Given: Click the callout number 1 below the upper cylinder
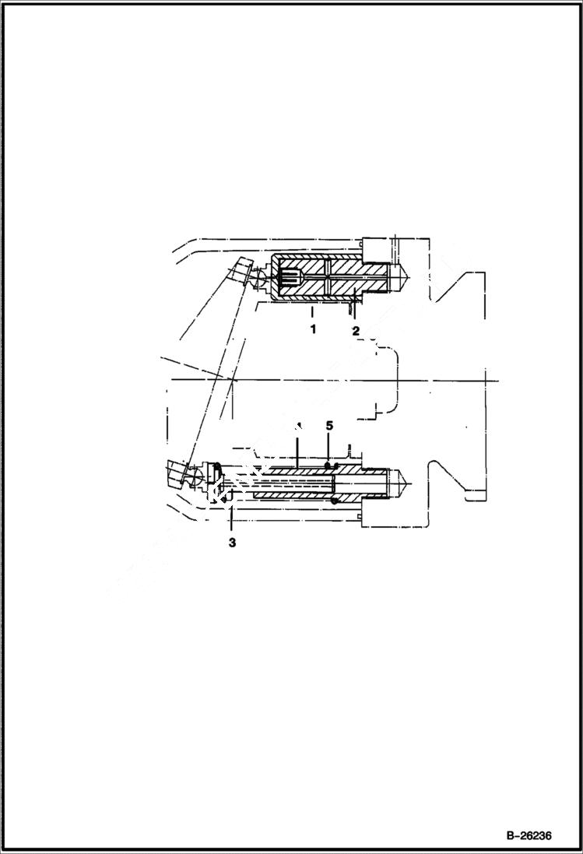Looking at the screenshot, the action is click(313, 329).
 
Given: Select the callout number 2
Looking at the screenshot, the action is click(355, 330).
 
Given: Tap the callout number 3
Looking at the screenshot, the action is click(232, 543).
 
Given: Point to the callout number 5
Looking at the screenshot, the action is click(329, 426).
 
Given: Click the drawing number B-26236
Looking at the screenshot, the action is click(529, 836).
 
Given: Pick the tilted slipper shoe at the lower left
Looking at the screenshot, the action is click(178, 473).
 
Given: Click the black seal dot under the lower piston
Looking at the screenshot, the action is click(334, 501).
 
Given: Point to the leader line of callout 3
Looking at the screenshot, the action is click(232, 518).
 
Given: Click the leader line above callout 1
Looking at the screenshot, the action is click(312, 313).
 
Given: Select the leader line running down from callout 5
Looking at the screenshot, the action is click(329, 448).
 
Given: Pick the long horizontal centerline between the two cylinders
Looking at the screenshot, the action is click(327, 379).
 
